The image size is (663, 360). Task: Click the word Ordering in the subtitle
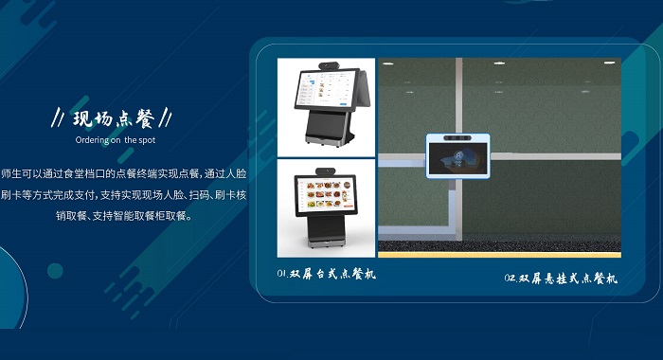pyautogui.click(x=92, y=139)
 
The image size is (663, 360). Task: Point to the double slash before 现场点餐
pyautogui.click(x=57, y=120)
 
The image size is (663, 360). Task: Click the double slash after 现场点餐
pyautogui.click(x=167, y=119)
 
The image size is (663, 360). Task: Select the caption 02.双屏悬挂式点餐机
pyautogui.click(x=560, y=279)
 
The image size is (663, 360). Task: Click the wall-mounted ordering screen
pyautogui.click(x=458, y=155)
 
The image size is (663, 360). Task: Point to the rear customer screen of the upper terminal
pyautogui.click(x=347, y=95)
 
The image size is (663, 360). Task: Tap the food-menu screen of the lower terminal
pyautogui.click(x=327, y=197)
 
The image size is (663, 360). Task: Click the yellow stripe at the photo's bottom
pyautogui.click(x=499, y=254)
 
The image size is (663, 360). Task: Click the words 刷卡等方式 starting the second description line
pyautogui.click(x=30, y=195)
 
